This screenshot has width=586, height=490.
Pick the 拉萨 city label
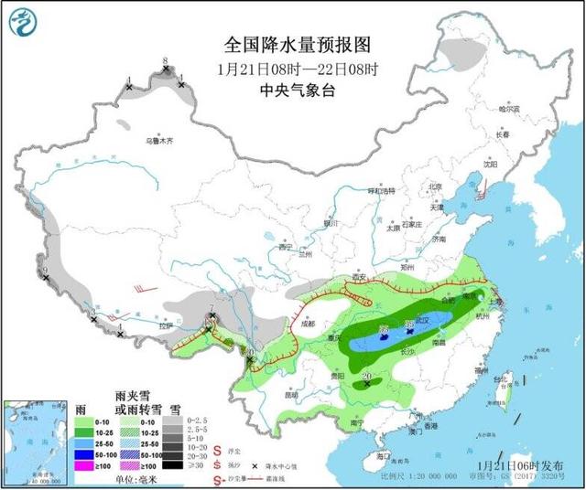click(x=164, y=326)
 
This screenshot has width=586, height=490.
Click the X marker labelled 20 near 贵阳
click(x=367, y=384)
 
